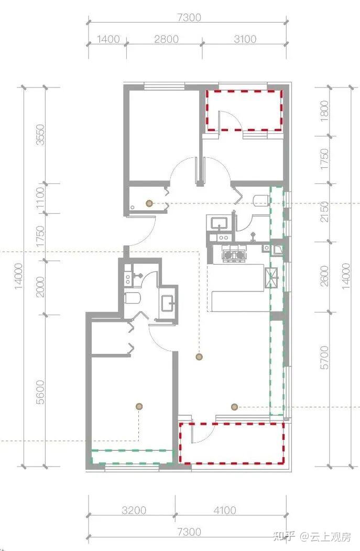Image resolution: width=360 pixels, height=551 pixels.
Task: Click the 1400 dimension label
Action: click(108, 39)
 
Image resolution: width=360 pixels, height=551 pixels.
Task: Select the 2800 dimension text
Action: click(167, 39)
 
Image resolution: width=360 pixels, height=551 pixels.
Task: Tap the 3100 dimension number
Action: click(245, 39)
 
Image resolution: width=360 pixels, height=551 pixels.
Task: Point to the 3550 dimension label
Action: click(41, 135)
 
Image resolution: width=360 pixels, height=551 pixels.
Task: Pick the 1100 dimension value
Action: click(41, 198)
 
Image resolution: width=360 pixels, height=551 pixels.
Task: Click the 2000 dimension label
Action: click(41, 287)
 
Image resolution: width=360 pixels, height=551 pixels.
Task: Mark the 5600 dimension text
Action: click(41, 392)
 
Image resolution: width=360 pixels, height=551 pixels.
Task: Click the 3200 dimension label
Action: click(134, 510)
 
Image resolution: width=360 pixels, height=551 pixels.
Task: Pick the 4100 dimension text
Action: click(225, 510)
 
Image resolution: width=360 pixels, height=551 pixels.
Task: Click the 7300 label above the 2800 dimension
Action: click(189, 17)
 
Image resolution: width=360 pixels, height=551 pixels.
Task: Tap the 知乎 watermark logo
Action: click(284, 537)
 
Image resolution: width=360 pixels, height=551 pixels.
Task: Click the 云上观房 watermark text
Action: click(330, 537)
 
